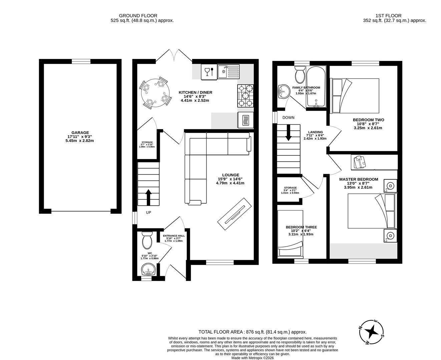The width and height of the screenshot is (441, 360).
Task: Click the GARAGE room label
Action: (80, 132)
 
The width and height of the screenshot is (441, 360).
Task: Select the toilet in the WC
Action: (147, 240)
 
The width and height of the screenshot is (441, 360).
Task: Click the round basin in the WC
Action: (148, 269)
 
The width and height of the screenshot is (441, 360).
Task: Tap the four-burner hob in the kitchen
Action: (245, 96)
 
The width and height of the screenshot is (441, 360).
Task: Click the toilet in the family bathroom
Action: (299, 74)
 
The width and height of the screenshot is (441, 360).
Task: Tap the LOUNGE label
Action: (231, 175)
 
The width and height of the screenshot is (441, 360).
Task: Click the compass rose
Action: (372, 332)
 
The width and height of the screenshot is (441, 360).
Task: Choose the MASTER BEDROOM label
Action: (359, 179)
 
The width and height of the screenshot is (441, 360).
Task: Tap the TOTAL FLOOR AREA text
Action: (252, 332)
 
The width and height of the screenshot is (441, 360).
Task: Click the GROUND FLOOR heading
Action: (138, 16)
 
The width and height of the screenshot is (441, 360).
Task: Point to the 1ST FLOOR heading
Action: (388, 16)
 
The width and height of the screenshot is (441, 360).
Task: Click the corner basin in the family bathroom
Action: (284, 91)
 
